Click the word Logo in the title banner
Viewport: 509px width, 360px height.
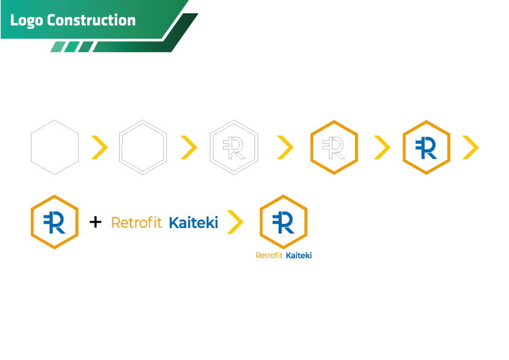[27, 21]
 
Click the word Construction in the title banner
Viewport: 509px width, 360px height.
[91, 20]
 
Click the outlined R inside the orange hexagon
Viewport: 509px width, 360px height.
[334, 148]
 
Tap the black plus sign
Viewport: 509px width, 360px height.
[96, 222]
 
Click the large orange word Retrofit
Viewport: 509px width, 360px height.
[137, 223]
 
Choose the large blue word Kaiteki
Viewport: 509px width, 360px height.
[194, 223]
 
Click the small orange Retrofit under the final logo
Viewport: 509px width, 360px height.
[269, 256]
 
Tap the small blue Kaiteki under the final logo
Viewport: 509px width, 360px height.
[299, 256]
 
